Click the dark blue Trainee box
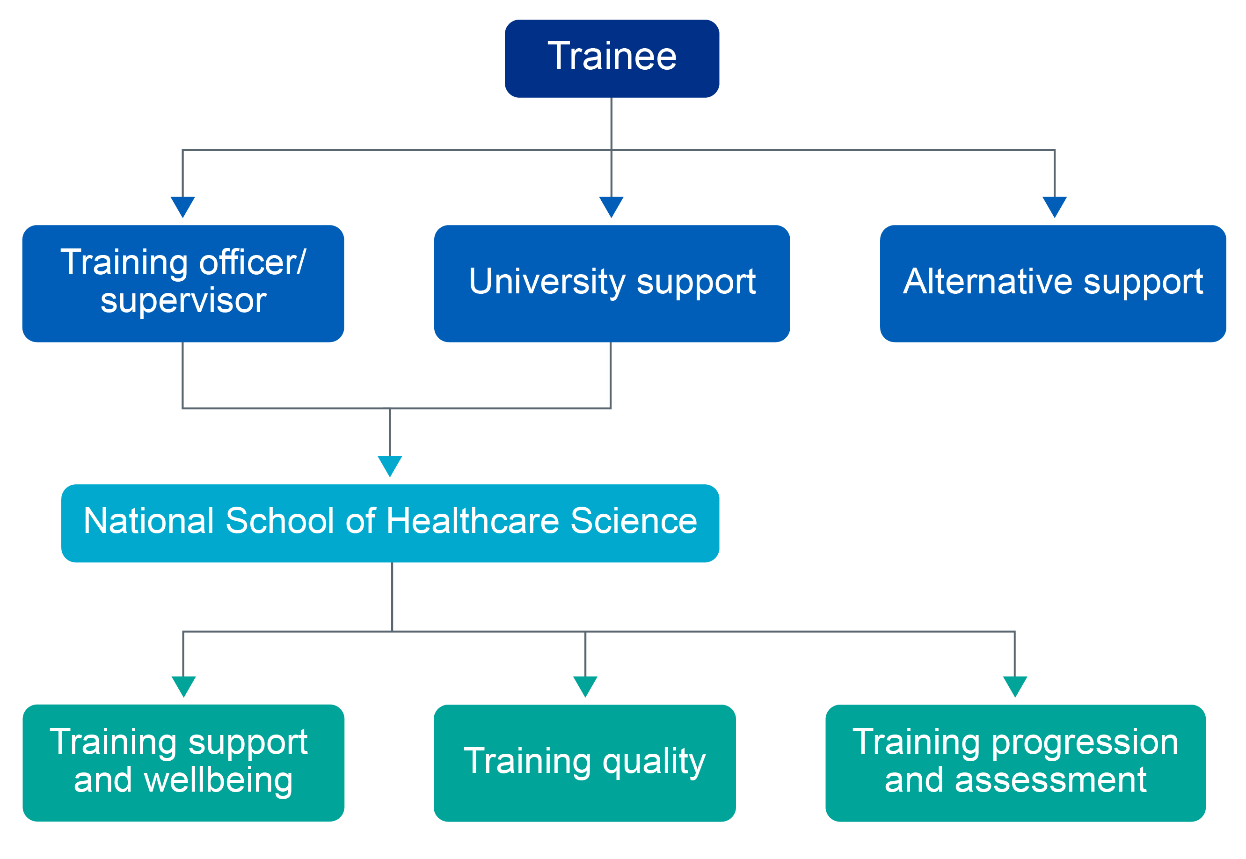(x=612, y=58)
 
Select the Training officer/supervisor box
(x=183, y=284)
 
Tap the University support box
(x=612, y=284)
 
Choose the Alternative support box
(x=1053, y=284)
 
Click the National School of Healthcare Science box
(x=390, y=523)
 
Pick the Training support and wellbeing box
(x=183, y=763)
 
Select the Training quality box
(x=584, y=763)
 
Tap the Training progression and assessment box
(x=1015, y=763)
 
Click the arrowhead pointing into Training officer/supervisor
(x=183, y=207)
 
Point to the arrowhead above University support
(x=612, y=207)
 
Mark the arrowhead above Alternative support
(x=1054, y=207)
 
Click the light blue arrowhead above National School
(x=390, y=466)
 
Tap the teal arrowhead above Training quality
(x=585, y=686)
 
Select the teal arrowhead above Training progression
(x=1015, y=686)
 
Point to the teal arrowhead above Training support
(x=183, y=686)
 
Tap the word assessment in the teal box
(x=1050, y=780)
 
